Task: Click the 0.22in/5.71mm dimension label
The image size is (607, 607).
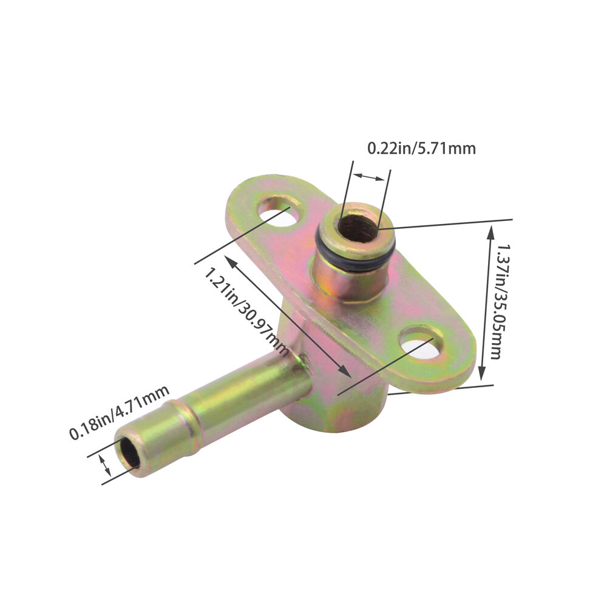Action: click(421, 148)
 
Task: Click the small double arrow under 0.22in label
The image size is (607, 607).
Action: click(369, 177)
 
